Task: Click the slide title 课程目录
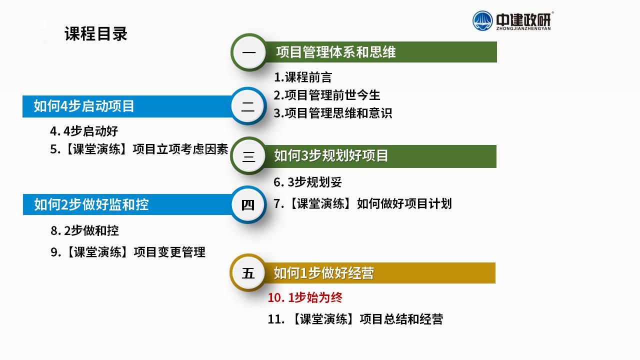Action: pos(95,33)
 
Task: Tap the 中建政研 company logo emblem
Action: pos(482,20)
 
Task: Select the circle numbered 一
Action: pos(249,52)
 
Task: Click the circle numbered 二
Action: pos(248,106)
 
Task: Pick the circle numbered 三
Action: pos(248,156)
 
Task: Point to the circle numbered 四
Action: pos(248,204)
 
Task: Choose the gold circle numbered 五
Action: pos(248,273)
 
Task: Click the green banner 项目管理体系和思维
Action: pos(380,52)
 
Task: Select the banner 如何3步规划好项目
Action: pos(380,156)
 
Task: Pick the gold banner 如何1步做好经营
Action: pos(379,273)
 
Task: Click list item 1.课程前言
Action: pos(303,77)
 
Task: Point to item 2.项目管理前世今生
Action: pos(327,95)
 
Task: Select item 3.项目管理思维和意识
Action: pos(333,113)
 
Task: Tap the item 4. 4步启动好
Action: pos(84,131)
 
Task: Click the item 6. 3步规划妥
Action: pos(307,182)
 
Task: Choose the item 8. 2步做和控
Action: pos(84,230)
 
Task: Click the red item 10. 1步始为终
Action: pos(305,297)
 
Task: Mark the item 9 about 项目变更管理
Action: pos(127,252)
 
